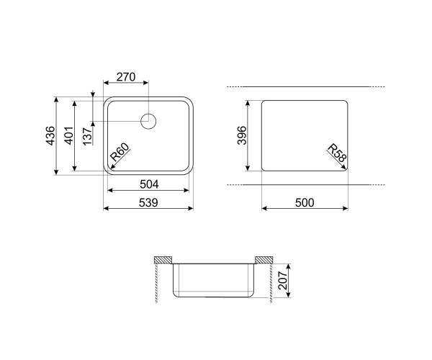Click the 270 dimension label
[x=126, y=77]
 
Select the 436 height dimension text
[x=50, y=135]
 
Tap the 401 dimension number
[x=68, y=135]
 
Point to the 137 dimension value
[x=87, y=136]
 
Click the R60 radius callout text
[x=120, y=153]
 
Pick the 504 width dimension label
[x=149, y=184]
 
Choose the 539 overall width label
[x=148, y=203]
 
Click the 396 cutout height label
[x=242, y=135]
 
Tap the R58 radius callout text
[x=337, y=153]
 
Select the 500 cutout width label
[x=305, y=203]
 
